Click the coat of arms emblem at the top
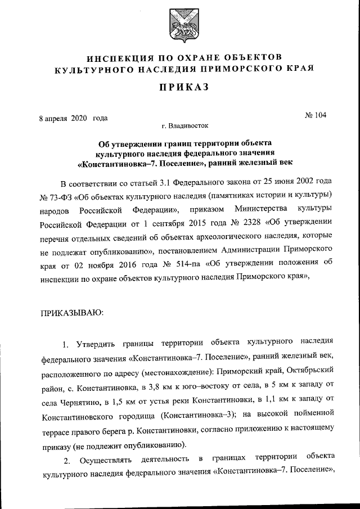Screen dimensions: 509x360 coord(179,28)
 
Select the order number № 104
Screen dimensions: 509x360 coord(316,115)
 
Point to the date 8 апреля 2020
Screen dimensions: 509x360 coord(64,118)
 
